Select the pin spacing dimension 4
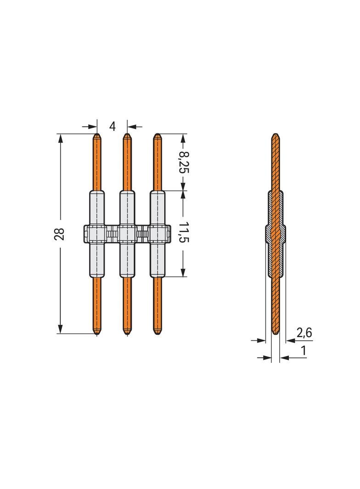(x=112, y=126)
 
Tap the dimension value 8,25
(x=184, y=161)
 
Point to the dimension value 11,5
(x=184, y=233)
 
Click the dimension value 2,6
(x=304, y=333)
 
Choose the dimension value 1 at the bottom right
(x=304, y=351)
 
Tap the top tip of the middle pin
(x=127, y=134)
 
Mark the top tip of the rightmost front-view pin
(x=157, y=134)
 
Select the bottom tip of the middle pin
(x=127, y=333)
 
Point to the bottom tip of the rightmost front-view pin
(x=157, y=333)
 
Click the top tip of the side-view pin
(x=276, y=134)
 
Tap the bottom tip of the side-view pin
(x=276, y=333)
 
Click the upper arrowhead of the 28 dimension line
(x=60, y=138)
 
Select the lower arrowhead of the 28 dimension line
(x=60, y=329)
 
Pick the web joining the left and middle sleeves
(x=112, y=234)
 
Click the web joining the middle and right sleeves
(x=142, y=234)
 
